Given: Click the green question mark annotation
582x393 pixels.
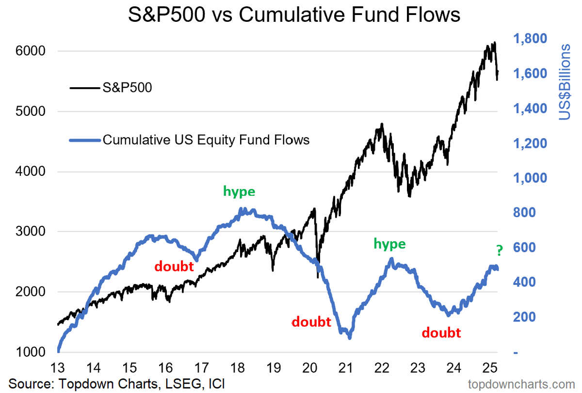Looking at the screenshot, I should (x=499, y=250).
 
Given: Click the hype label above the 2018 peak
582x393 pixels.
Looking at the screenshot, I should (x=239, y=191).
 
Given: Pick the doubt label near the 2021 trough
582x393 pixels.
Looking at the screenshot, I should (x=311, y=322).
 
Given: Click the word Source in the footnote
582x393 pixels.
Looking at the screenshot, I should (x=29, y=384).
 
